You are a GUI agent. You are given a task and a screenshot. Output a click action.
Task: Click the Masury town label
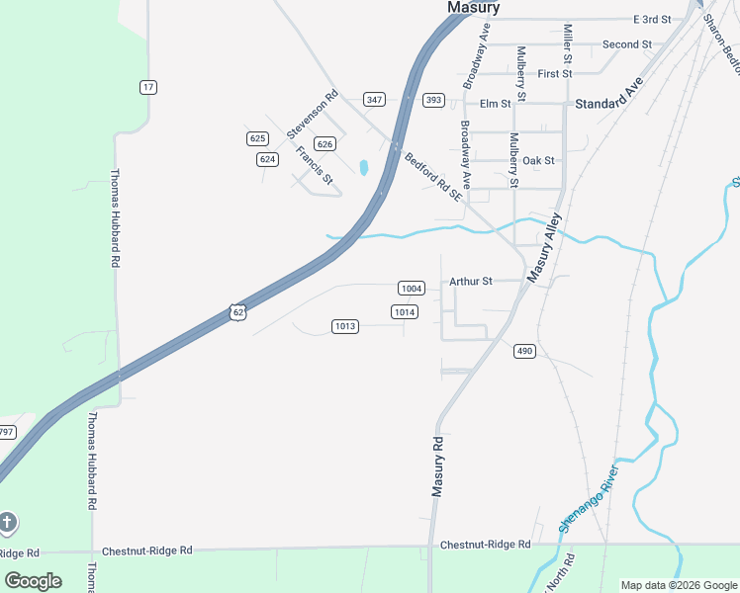point(473,8)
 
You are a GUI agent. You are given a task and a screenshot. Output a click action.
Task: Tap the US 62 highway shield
point(236,311)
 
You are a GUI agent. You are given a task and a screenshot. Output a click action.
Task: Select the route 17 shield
point(148,87)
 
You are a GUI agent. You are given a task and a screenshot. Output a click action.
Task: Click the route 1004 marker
point(412,289)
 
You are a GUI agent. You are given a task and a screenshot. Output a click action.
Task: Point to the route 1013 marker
point(344,326)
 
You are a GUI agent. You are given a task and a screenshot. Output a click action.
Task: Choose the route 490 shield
point(524,351)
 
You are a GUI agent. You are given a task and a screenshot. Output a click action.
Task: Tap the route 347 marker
point(374,100)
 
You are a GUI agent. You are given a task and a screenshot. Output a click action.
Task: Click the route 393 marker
point(433,100)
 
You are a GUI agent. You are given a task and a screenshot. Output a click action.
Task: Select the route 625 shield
point(258,138)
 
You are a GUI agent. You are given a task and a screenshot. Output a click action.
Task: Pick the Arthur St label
point(471,282)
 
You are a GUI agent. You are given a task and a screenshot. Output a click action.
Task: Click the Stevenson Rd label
point(313,114)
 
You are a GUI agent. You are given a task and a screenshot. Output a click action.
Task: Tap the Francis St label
point(314,165)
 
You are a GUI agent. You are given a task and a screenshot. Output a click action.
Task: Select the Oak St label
point(538,160)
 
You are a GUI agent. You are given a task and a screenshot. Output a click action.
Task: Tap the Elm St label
point(495,103)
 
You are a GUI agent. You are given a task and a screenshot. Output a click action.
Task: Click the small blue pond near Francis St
point(364,168)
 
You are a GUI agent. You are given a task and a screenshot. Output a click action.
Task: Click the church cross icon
point(8,522)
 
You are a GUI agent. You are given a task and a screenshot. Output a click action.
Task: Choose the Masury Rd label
point(438,466)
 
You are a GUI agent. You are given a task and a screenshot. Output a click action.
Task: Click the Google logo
point(33,581)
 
